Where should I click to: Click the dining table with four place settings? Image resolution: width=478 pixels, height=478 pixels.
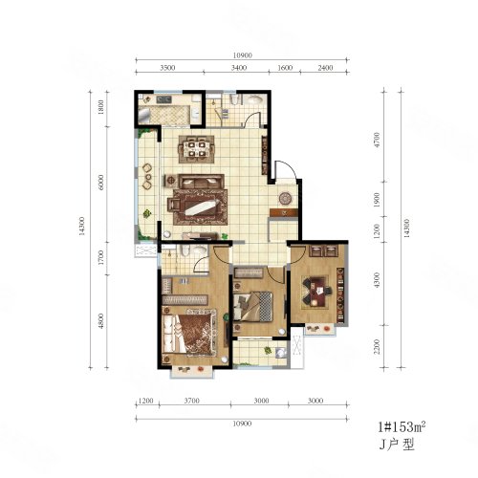(x=196, y=149)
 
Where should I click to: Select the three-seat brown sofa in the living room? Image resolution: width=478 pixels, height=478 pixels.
(x=201, y=182)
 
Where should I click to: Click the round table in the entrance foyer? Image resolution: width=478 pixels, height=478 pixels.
(x=285, y=198)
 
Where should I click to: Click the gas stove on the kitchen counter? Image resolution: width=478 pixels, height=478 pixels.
(x=163, y=99)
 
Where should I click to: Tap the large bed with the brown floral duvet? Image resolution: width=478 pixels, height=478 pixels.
(x=188, y=334)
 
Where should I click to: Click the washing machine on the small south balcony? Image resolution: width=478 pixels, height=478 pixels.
(x=280, y=353)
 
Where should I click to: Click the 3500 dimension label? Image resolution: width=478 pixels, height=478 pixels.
(x=167, y=68)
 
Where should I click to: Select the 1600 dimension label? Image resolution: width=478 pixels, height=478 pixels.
(x=285, y=68)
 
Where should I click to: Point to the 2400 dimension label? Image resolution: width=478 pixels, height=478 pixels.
(x=325, y=68)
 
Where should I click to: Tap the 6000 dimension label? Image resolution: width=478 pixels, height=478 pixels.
(x=101, y=183)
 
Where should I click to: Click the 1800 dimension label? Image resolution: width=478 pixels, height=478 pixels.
(x=101, y=107)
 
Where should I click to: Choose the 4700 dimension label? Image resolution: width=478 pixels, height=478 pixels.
(x=377, y=140)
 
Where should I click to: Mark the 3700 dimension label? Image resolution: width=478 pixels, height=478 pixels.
(x=192, y=401)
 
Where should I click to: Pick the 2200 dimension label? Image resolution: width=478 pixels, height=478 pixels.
(x=377, y=346)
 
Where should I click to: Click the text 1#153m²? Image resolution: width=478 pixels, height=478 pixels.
(x=402, y=426)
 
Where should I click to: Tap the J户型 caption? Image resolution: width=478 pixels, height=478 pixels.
(x=397, y=445)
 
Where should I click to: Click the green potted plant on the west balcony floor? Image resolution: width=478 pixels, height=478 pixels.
(x=146, y=213)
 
